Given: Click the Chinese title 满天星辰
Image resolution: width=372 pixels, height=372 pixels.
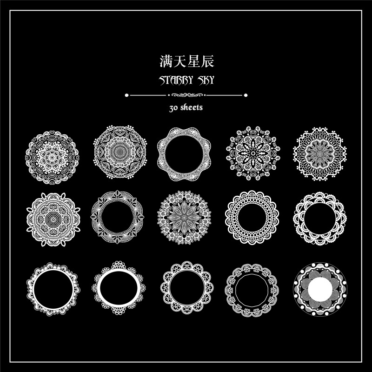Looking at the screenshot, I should click(186, 61).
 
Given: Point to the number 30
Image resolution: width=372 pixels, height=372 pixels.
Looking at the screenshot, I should click(174, 107).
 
